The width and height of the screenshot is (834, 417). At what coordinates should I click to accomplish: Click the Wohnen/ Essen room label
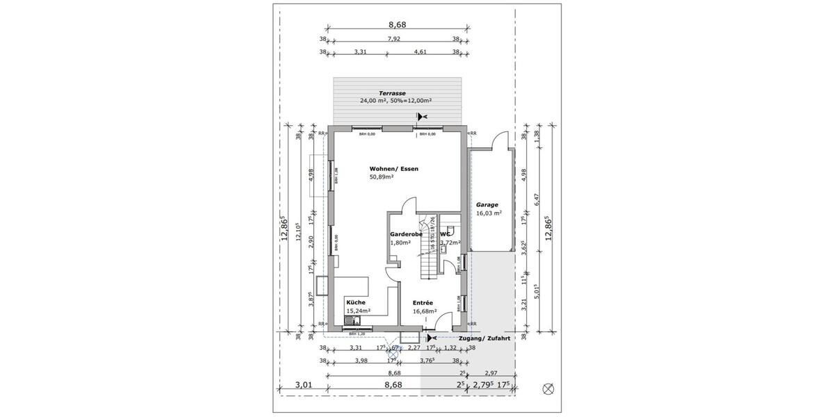coord(393,169)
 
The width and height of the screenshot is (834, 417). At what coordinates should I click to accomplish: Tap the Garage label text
coord(487,205)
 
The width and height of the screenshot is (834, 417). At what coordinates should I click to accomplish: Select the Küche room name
coord(355,302)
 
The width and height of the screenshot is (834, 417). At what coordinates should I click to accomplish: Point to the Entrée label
coord(423,303)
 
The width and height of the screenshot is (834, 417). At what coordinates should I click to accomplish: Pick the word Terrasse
coord(392,93)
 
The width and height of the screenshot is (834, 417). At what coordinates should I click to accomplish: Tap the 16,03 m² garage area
coord(489,214)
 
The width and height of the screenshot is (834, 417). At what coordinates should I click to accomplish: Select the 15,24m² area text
coord(358,311)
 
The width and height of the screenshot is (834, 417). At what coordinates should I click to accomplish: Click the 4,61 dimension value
coord(420,52)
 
